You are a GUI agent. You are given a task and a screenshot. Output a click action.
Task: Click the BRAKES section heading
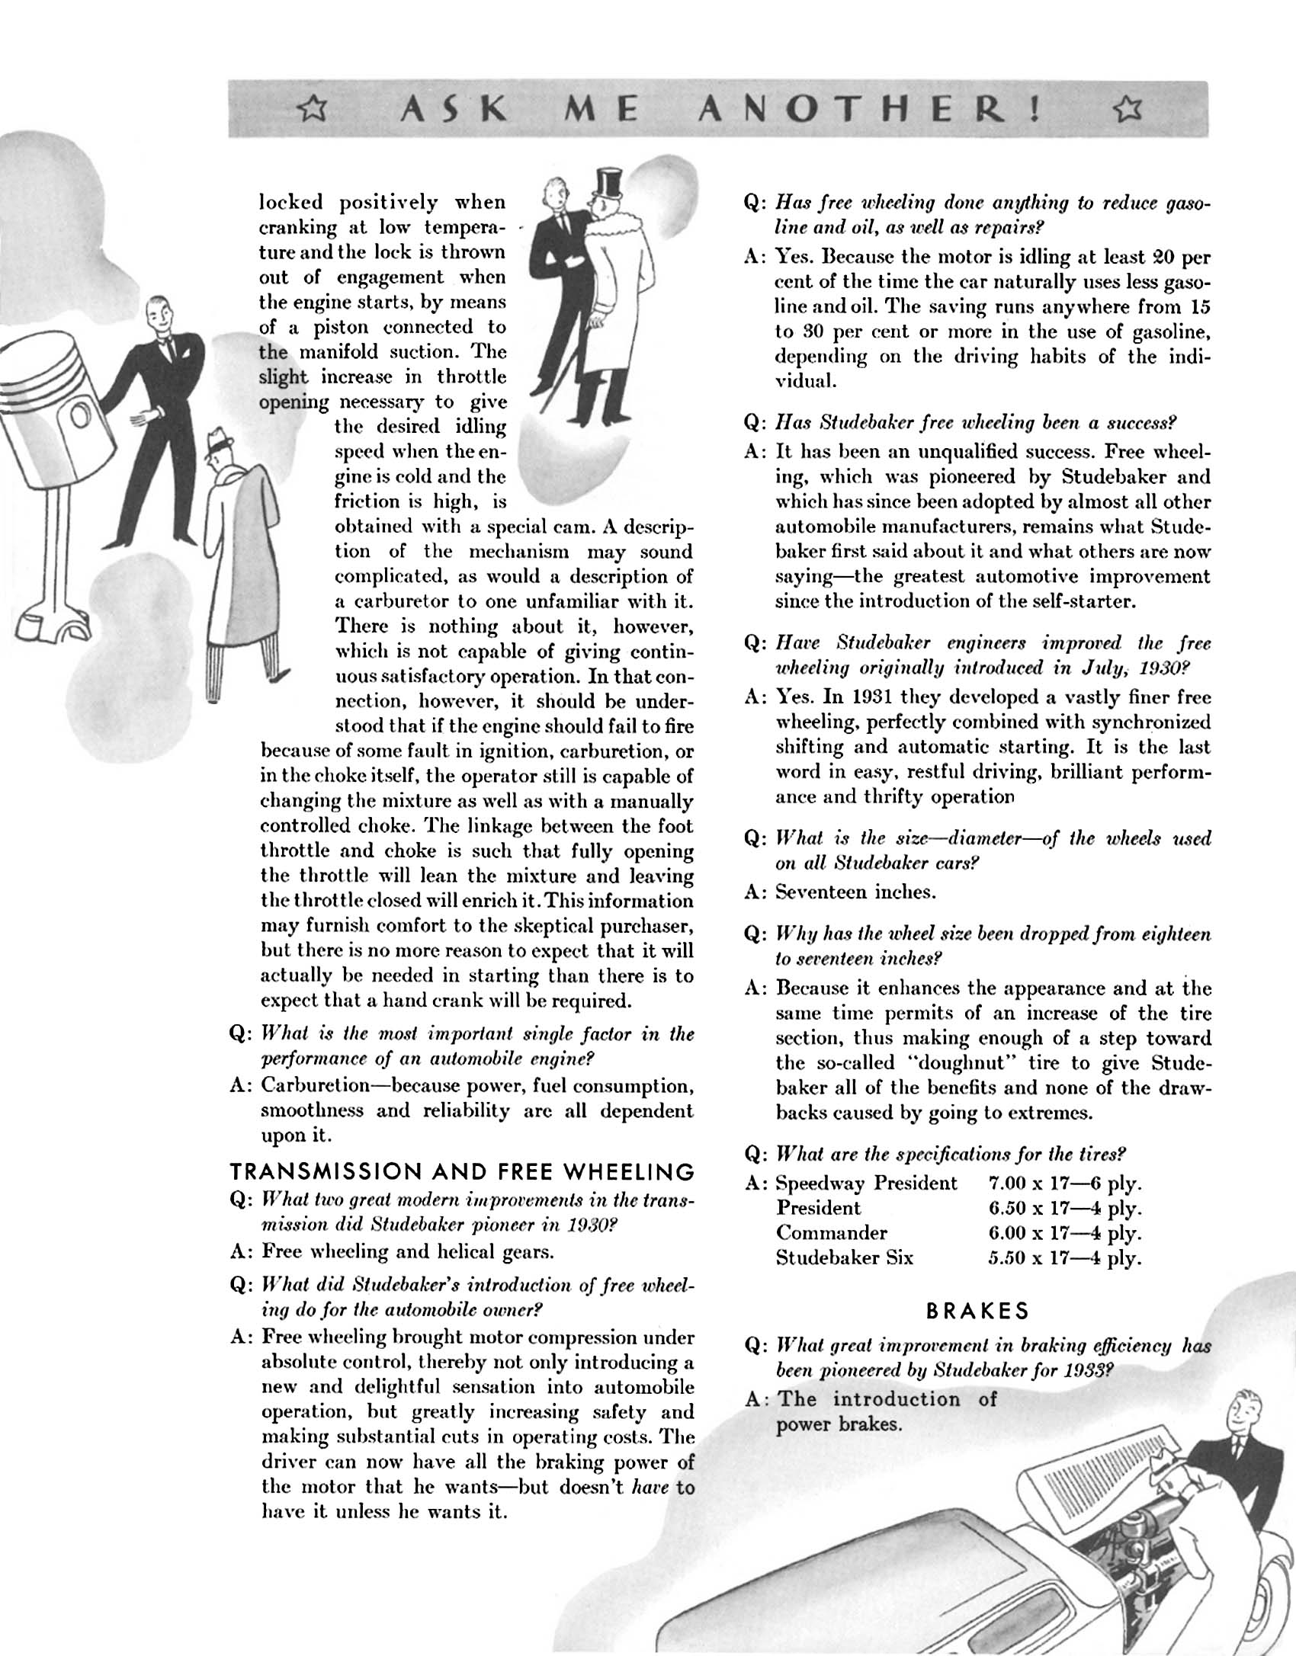[x=977, y=1311]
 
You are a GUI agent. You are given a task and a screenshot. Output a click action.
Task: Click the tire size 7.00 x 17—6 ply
[x=1064, y=1184]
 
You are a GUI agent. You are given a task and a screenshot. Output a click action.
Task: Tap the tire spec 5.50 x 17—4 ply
[x=1064, y=1257]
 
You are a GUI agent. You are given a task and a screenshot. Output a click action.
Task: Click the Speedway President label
[x=866, y=1184]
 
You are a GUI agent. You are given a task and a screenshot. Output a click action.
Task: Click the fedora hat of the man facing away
[x=222, y=440]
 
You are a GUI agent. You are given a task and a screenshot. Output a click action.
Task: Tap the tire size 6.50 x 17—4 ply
[x=1064, y=1208]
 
